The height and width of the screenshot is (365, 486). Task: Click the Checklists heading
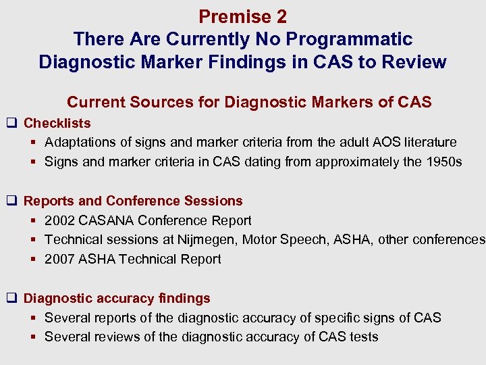pyautogui.click(x=57, y=123)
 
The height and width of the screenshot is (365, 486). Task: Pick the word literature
pyautogui.click(x=427, y=143)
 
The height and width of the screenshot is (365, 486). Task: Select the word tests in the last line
pyautogui.click(x=363, y=337)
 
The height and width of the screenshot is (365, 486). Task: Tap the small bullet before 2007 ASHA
pyautogui.click(x=34, y=260)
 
